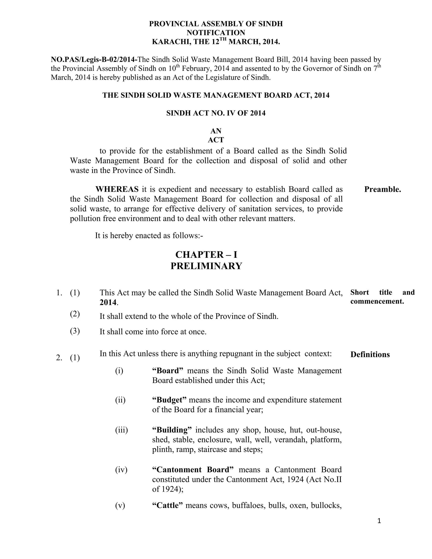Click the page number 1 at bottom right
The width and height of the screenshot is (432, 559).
379,521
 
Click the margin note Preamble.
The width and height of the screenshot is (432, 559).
382,190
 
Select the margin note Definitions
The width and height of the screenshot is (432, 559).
370,355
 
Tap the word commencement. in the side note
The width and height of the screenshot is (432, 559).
377,301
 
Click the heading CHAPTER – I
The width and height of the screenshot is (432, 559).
206,255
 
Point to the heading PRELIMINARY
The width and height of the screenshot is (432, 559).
206,266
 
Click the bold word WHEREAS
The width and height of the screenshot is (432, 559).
117,189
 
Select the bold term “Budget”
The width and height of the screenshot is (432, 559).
169,400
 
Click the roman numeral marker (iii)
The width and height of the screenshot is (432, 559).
121,430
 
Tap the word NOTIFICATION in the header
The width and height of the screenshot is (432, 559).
216,33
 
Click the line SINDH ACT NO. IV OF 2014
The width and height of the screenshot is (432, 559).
216,113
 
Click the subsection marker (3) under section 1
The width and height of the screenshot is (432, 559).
75,331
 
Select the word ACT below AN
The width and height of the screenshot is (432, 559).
216,140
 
